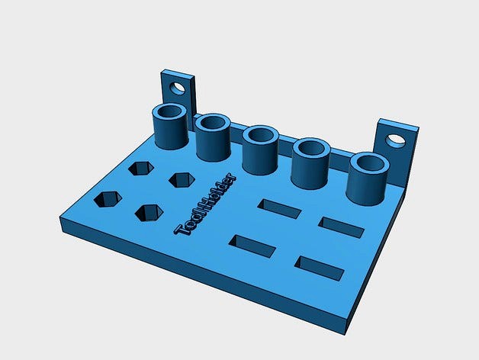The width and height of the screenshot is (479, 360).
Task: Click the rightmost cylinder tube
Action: [x=367, y=179]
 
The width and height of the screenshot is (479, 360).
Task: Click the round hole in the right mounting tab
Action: [x=395, y=140]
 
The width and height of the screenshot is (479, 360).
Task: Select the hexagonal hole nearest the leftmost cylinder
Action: [x=141, y=168]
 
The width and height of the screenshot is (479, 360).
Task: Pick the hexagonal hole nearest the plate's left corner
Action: [x=108, y=200]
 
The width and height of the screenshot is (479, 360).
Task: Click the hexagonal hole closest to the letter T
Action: [x=149, y=213]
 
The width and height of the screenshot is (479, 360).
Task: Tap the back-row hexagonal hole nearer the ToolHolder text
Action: [x=182, y=179]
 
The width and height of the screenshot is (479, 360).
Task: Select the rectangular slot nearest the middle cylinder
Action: [x=279, y=208]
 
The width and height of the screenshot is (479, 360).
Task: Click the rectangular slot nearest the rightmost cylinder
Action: [x=341, y=227]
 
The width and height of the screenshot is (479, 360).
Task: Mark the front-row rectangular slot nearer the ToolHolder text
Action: [x=252, y=246]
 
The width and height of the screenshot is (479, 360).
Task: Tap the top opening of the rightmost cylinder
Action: [x=368, y=164]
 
